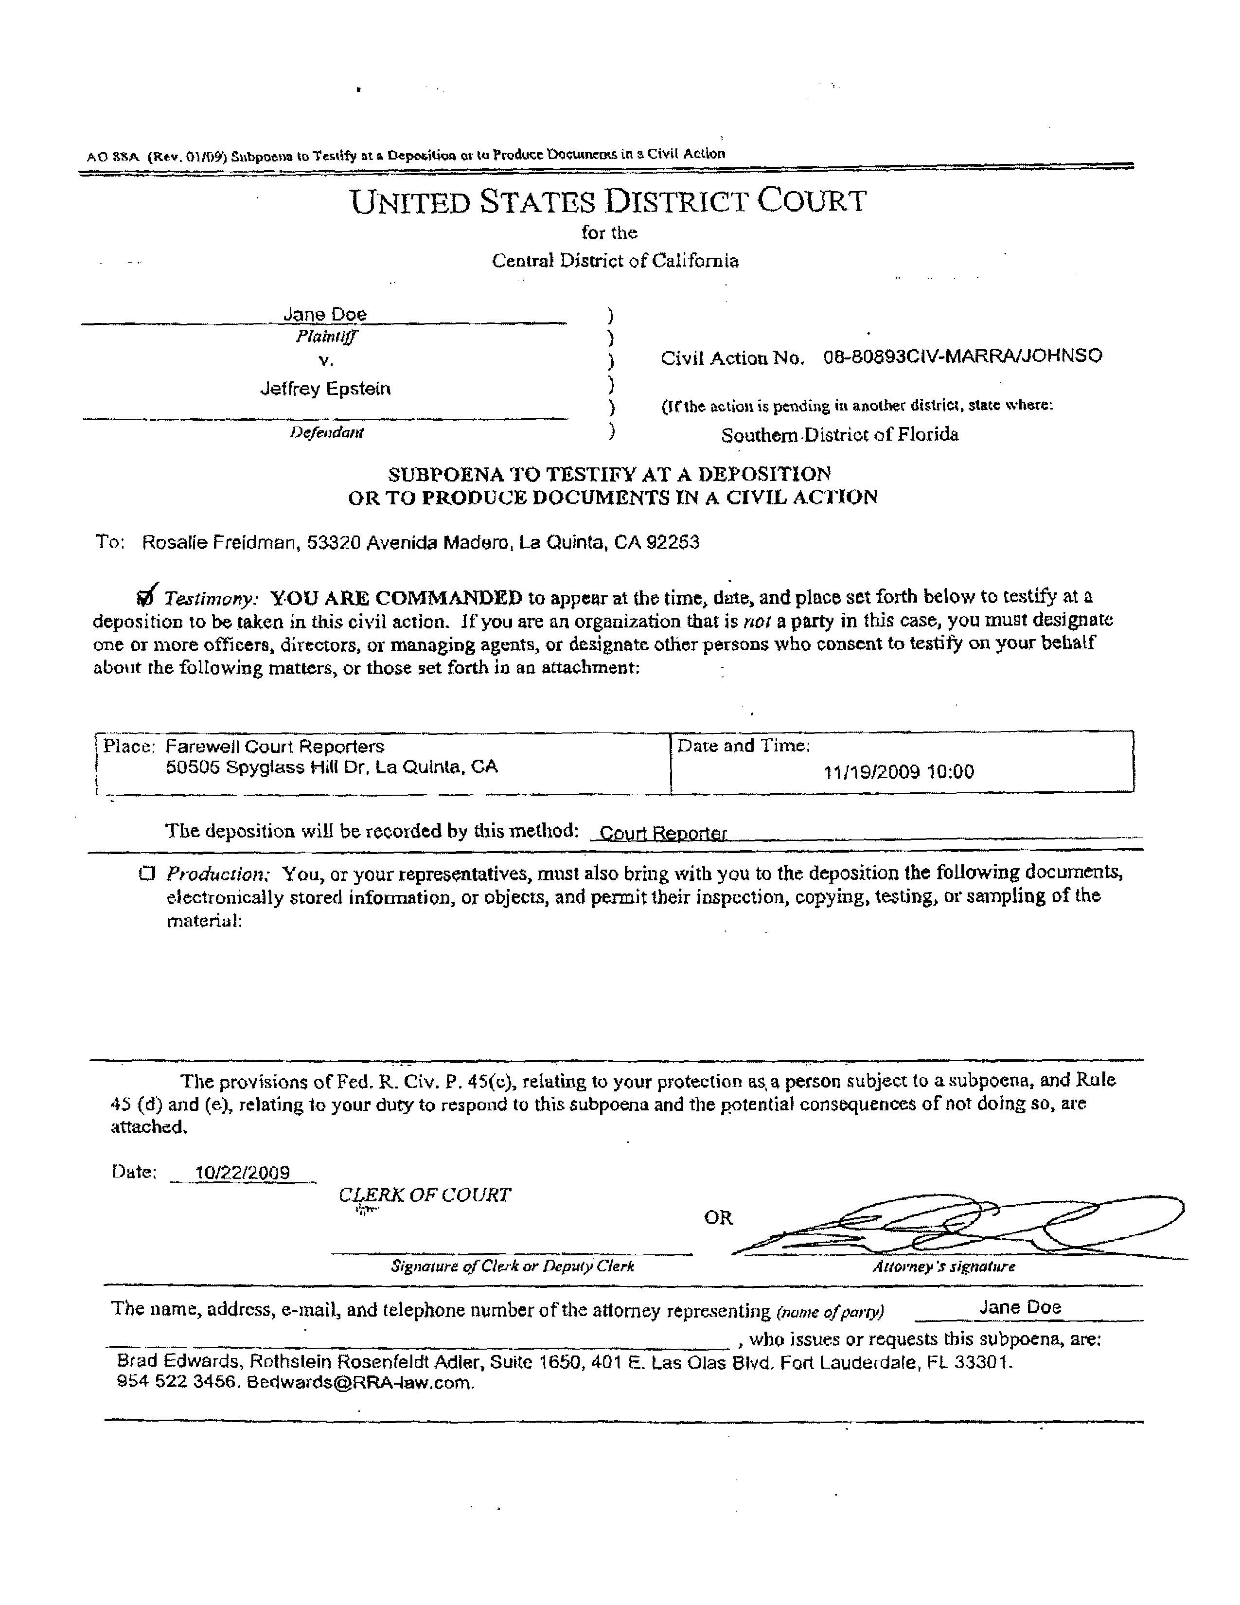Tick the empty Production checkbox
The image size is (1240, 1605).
click(x=147, y=873)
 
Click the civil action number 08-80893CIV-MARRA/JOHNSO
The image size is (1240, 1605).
click(x=962, y=357)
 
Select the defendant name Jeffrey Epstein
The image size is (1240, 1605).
click(x=325, y=389)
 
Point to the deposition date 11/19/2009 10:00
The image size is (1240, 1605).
click(x=899, y=772)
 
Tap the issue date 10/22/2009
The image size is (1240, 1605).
click(x=243, y=1172)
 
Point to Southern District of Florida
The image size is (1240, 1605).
click(x=840, y=435)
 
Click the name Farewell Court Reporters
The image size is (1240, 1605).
click(x=275, y=747)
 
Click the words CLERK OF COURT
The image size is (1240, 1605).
click(x=425, y=1195)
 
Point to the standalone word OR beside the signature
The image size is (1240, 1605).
click(x=718, y=1218)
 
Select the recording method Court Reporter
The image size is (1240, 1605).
click(x=663, y=833)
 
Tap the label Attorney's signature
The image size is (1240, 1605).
click(x=943, y=1266)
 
